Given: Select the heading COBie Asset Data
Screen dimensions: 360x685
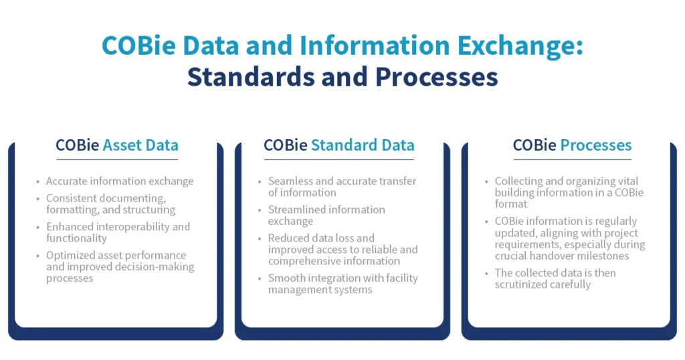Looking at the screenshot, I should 117,145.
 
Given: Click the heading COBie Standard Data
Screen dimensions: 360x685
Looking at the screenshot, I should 339,145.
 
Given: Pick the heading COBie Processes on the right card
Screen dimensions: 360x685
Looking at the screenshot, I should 572,145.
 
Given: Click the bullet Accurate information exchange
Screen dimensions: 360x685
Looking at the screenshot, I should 120,181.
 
